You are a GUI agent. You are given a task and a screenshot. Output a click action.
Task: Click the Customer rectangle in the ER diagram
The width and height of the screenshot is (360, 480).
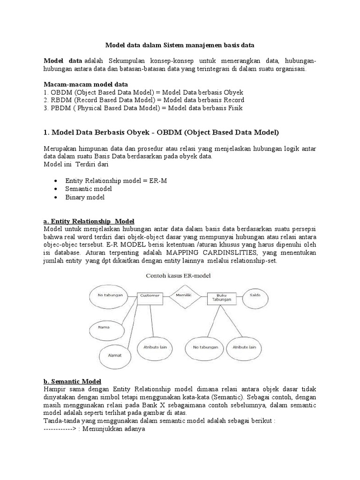click(150, 295)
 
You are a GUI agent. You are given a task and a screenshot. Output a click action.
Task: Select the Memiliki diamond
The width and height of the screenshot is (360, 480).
click(183, 296)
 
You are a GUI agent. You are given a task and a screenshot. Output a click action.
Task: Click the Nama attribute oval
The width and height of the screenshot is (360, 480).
click(104, 327)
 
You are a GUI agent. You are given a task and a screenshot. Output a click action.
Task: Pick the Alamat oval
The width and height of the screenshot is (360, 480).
click(115, 354)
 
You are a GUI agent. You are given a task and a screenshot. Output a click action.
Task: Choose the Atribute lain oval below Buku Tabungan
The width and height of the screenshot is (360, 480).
click(241, 347)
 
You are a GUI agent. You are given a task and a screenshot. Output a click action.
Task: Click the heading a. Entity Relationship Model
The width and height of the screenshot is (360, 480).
click(89, 221)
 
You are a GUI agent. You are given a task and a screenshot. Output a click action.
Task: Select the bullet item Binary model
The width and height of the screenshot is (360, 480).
click(85, 197)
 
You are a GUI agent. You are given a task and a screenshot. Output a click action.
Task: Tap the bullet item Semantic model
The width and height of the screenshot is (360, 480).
click(89, 189)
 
